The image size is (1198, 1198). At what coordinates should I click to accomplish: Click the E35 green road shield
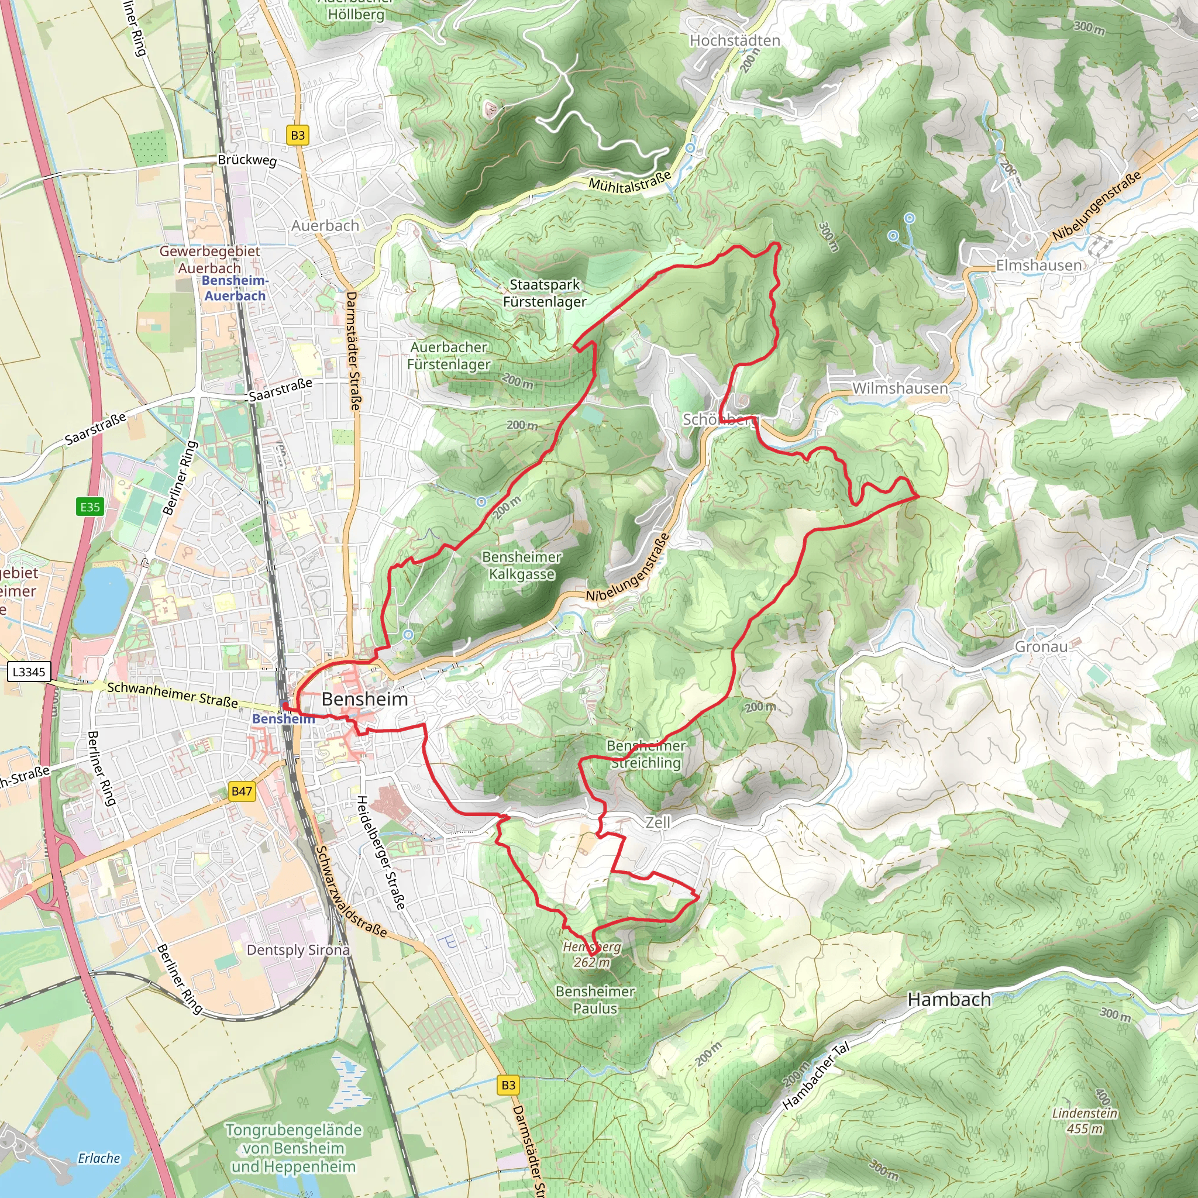90,507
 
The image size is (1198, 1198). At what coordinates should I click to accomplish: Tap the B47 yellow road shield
241,791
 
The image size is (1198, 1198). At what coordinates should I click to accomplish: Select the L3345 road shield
29,672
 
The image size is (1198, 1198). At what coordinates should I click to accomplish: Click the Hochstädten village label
735,40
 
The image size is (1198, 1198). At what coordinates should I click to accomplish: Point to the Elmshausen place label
1039,266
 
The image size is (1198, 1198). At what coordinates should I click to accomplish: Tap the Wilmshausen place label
900,388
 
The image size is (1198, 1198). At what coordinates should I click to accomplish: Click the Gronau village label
1041,647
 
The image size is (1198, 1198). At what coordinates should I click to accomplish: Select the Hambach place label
949,1000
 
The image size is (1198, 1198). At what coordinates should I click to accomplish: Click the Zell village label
657,822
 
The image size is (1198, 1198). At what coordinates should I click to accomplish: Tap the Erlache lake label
99,1158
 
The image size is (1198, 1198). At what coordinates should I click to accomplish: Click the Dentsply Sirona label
298,950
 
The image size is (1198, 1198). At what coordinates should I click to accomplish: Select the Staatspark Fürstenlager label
545,292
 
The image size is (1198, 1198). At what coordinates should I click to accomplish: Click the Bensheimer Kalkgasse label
521,565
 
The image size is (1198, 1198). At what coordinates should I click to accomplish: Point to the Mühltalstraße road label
629,182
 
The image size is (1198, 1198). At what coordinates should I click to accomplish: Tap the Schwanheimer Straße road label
173,694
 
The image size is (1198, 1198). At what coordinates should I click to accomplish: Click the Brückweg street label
247,159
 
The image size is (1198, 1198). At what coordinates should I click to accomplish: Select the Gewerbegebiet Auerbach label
209,259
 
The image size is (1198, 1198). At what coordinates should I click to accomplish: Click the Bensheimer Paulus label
595,1000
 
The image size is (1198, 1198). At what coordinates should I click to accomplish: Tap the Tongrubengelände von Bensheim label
293,1148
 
